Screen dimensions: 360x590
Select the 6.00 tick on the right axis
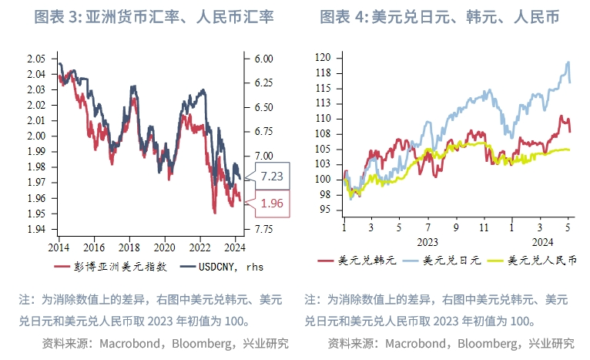[263, 59]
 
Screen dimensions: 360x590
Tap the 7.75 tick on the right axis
[263, 229]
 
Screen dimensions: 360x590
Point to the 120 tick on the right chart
[323, 58]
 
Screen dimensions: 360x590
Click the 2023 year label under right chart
[427, 241]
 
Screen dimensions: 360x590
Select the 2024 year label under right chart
[540, 241]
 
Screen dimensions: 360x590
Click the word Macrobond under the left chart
[130, 342]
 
